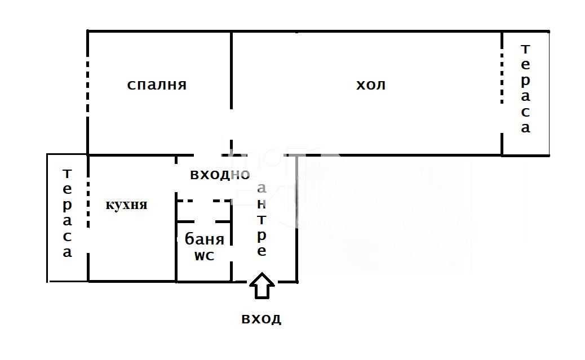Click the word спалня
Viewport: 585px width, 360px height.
(157, 85)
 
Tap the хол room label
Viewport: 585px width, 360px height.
(371, 85)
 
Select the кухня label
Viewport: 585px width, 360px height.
(127, 205)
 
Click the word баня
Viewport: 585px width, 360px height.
(204, 239)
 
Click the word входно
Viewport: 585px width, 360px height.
(219, 175)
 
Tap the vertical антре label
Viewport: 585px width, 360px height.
(262, 220)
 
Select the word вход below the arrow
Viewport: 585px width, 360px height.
(261, 319)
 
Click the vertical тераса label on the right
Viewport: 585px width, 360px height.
(525, 88)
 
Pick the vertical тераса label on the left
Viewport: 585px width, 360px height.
(67, 213)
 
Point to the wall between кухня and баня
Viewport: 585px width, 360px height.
(176, 248)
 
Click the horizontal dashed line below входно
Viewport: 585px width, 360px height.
(203, 200)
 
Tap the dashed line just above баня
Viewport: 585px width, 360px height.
(203, 220)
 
